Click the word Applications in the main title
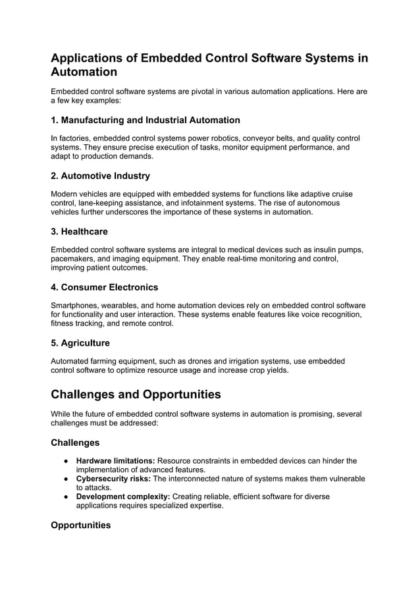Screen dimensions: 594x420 tap(93, 58)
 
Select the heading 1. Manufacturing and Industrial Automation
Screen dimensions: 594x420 tap(145, 120)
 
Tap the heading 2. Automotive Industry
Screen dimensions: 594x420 tap(100, 176)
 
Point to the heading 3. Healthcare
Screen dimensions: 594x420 tap(79, 232)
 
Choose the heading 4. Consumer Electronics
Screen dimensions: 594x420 tap(104, 287)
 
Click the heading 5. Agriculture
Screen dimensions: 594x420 tap(80, 343)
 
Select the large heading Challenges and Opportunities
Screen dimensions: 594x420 tap(136, 394)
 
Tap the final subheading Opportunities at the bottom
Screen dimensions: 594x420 tap(81, 526)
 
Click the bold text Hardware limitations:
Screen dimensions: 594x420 tap(116, 460)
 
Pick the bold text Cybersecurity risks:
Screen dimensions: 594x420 tap(113, 479)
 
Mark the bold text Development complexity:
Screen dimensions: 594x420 tap(123, 497)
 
